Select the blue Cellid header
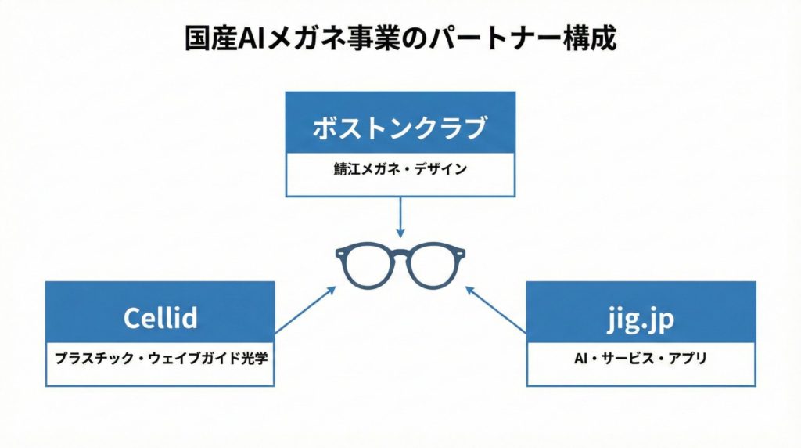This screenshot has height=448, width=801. pyautogui.click(x=160, y=318)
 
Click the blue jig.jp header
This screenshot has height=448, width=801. pyautogui.click(x=640, y=318)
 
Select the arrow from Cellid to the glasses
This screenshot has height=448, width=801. pyautogui.click(x=306, y=309)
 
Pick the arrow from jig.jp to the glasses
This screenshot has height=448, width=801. pyautogui.click(x=496, y=309)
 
